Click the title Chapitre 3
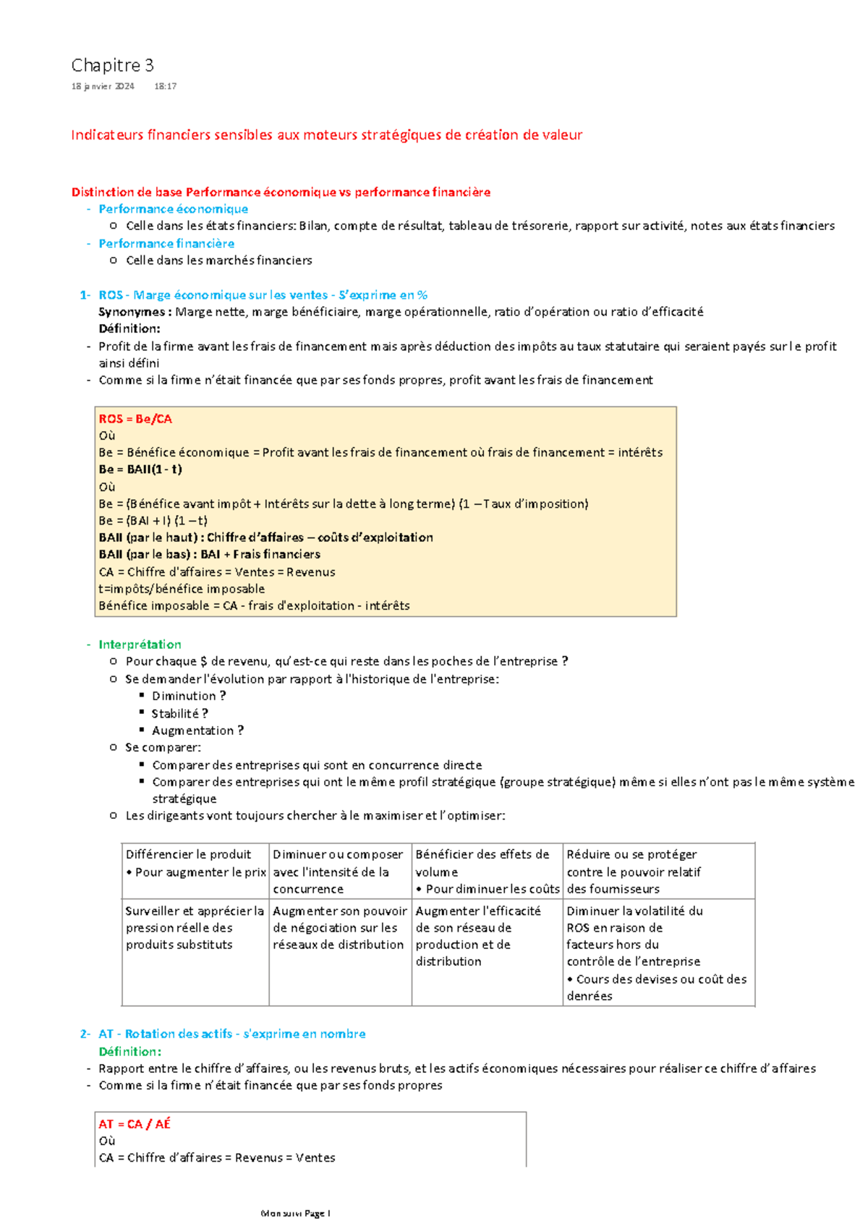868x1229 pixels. tap(112, 66)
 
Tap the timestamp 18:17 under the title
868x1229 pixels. tap(165, 86)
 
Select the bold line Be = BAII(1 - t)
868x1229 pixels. tap(140, 469)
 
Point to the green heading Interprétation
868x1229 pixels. tap(140, 645)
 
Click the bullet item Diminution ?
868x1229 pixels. tap(188, 696)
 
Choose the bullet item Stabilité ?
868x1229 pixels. tap(179, 713)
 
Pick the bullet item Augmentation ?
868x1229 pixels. tap(197, 731)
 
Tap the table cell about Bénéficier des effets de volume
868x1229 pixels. tap(487, 871)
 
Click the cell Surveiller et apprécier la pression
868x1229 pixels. tap(195, 928)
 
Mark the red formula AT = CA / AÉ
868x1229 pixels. tap(135, 1124)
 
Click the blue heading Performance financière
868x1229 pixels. tap(166, 244)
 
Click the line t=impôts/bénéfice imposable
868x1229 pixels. tap(182, 589)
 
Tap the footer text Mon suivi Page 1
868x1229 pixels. tap(295, 1213)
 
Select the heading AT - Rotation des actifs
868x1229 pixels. tap(232, 1034)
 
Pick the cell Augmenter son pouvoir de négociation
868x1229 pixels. tap(339, 928)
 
